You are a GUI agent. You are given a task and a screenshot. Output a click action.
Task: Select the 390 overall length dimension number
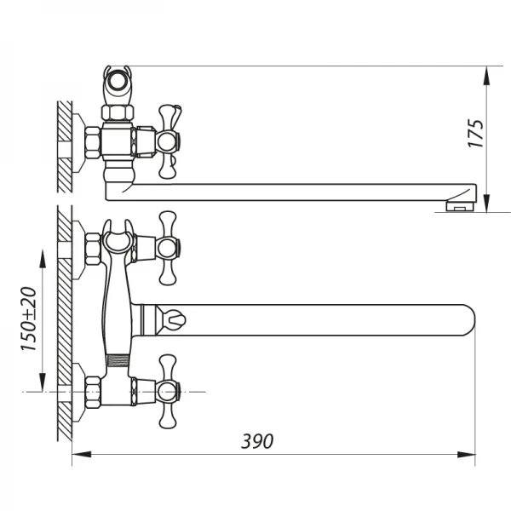(257, 441)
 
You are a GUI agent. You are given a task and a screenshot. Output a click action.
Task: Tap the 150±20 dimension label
(29, 319)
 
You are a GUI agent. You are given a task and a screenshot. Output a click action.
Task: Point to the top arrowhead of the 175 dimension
(486, 74)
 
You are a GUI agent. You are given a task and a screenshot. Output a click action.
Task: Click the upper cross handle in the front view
(168, 248)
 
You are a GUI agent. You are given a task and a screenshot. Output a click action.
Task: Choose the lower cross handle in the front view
(168, 392)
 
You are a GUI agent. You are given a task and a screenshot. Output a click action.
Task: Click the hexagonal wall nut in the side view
(91, 144)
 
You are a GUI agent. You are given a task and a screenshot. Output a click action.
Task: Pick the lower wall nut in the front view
(91, 392)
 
